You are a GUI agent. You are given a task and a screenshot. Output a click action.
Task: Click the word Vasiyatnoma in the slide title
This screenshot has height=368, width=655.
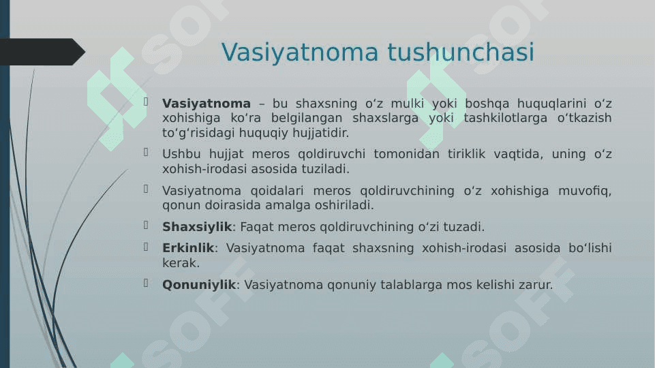[300, 53]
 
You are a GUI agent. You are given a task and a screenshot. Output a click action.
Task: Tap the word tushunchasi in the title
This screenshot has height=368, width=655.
[461, 52]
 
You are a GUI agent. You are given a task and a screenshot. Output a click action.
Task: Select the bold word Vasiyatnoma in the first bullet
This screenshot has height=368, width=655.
[207, 103]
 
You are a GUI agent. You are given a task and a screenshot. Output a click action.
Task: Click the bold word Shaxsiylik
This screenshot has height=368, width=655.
[197, 227]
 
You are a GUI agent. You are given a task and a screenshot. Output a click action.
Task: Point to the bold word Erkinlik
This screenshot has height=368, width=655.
[188, 247]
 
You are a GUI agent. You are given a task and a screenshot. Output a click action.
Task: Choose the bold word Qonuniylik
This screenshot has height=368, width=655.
[199, 285]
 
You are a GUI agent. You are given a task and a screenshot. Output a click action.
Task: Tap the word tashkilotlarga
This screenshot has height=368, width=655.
[506, 118]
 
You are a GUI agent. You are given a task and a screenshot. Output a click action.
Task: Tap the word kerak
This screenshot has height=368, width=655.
[181, 263]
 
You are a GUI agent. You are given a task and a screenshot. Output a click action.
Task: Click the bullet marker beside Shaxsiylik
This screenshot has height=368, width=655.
[146, 226]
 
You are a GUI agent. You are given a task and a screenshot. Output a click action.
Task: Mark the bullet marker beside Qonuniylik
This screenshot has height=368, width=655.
[146, 283]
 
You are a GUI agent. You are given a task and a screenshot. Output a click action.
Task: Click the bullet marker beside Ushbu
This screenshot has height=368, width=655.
[146, 153]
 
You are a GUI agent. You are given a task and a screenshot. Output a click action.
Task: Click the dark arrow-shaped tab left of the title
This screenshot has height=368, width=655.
[42, 52]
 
